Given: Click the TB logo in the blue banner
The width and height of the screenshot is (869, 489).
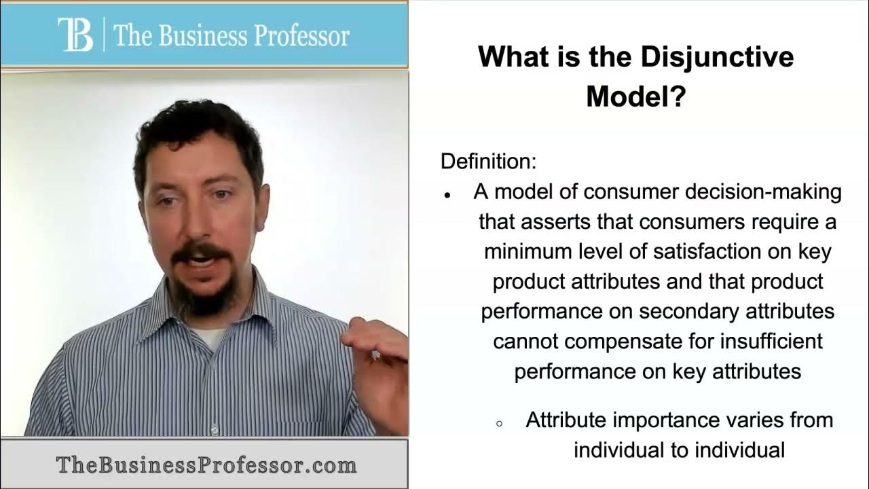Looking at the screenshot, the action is point(75,35).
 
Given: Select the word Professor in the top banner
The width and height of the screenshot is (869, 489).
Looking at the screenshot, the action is point(302,36).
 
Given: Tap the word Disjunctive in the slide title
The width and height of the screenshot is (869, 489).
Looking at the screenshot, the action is point(717,56).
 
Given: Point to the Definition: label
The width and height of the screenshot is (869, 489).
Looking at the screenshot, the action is point(488,161).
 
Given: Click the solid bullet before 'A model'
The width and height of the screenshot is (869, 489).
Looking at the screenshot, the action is point(447,196).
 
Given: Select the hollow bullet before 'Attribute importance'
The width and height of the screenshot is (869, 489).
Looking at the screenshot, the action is point(499,424).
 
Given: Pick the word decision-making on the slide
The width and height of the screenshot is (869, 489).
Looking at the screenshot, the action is point(764,192).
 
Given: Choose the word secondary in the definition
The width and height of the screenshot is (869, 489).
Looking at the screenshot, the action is point(689,312).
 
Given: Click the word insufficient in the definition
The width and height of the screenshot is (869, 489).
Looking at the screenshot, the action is point(772,341).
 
